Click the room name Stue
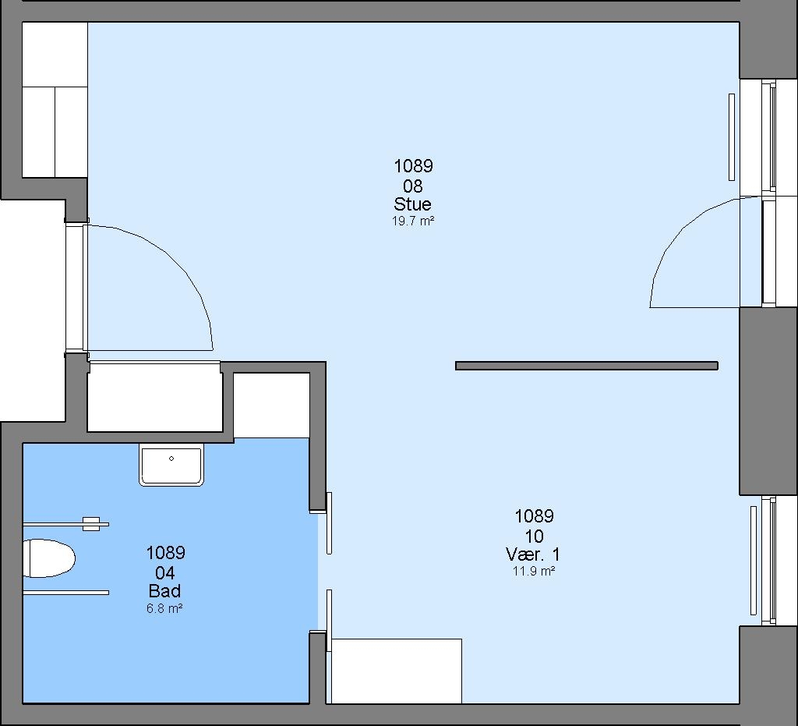[413, 204]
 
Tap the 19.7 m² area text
[413, 221]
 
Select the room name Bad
[164, 591]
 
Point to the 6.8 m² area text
[164, 608]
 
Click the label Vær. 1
[533, 554]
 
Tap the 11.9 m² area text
[533, 571]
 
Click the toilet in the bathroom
[49, 558]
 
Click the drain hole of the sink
[171, 459]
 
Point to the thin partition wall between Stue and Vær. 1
[586, 366]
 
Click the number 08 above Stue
[413, 186]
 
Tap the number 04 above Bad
[164, 572]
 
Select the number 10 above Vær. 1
[534, 536]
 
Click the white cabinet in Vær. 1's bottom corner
[397, 671]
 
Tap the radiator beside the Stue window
[732, 137]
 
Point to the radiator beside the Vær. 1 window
[754, 561]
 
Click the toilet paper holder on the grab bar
[91, 524]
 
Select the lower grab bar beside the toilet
[65, 593]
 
